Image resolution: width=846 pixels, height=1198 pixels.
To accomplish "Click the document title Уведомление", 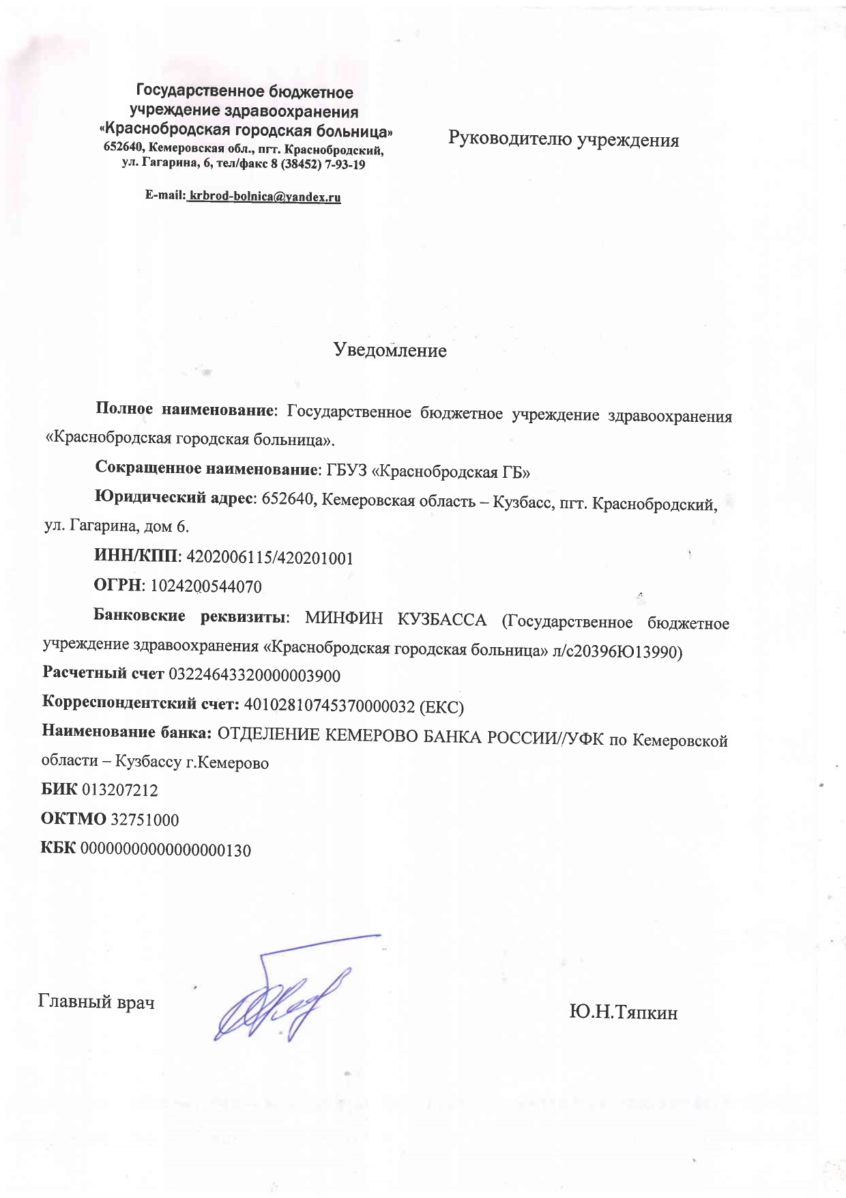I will click(x=390, y=351).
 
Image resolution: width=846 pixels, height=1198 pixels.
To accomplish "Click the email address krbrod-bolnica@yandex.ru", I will click(x=265, y=197).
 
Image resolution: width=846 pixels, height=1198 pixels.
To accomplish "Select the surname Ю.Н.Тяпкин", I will click(x=623, y=1012).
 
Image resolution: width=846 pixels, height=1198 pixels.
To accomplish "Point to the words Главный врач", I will click(x=96, y=1001).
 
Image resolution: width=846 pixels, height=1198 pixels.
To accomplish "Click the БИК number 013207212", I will click(x=120, y=790).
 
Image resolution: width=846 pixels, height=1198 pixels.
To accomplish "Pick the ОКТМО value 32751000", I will click(x=145, y=820).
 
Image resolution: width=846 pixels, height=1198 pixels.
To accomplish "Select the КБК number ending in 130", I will click(x=166, y=851).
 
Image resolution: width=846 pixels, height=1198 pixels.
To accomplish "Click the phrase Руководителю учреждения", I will click(x=564, y=140).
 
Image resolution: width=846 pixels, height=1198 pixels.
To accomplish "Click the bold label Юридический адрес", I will click(x=174, y=498).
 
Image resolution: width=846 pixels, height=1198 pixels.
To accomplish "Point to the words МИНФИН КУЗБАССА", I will click(x=396, y=620).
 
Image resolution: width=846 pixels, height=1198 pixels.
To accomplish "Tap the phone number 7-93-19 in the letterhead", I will click(x=342, y=164).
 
